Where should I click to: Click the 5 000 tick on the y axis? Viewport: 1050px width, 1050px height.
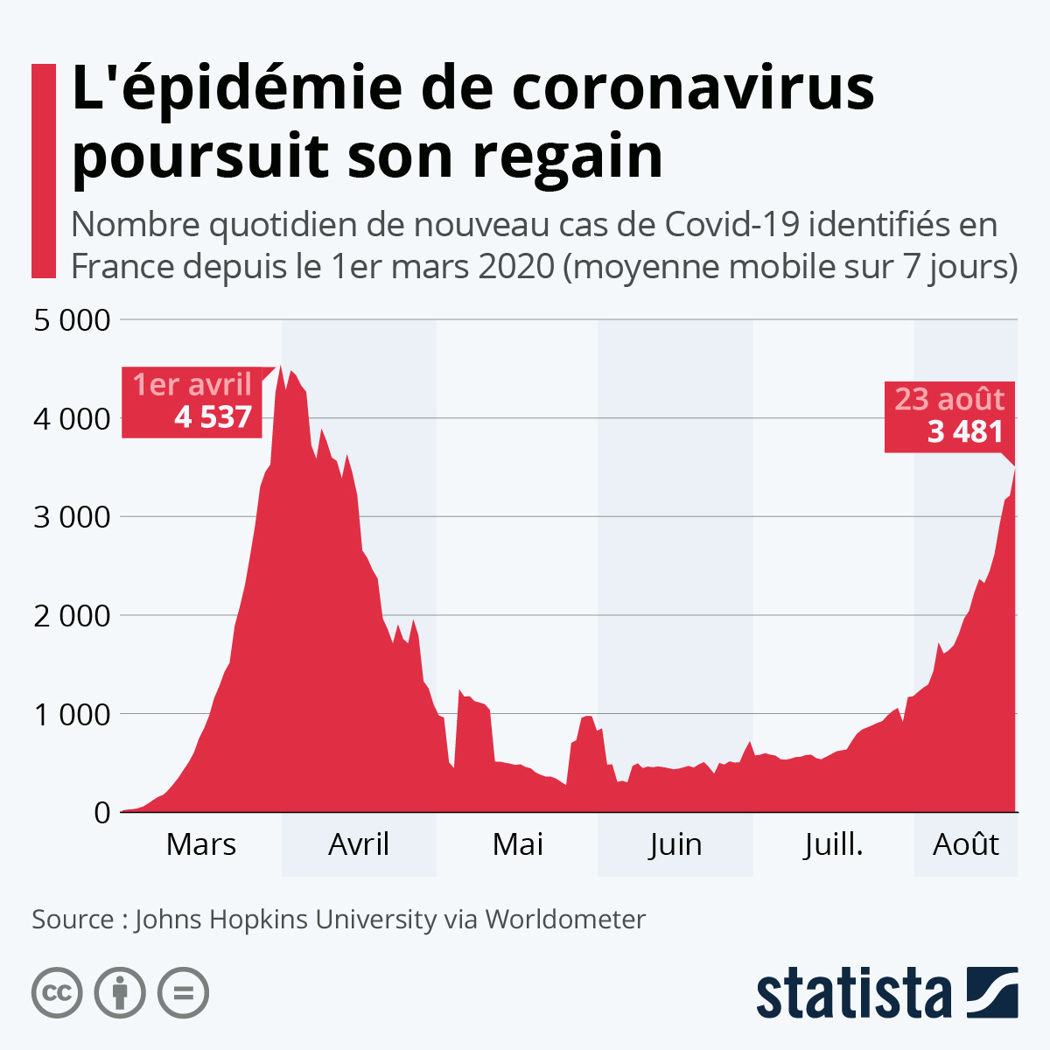pos(73,320)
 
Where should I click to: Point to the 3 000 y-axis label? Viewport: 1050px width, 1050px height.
pos(73,517)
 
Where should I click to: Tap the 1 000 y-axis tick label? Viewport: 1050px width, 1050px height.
pos(73,714)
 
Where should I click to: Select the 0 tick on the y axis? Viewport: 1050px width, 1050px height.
pos(102,813)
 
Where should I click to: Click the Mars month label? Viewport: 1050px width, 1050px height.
pos(201,844)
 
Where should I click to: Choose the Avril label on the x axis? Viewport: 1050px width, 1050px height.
pos(359,844)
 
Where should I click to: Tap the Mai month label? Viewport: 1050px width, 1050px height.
pos(518,844)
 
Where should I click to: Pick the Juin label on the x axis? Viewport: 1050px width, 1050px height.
pos(675,844)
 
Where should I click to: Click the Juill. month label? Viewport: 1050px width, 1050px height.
pos(834,844)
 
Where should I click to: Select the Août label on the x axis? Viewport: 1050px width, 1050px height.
pos(966,844)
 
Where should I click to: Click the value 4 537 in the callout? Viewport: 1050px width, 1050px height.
pos(213,417)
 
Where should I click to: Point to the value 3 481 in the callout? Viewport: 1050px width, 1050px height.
pos(965,431)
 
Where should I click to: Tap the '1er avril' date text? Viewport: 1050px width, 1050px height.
pos(192,384)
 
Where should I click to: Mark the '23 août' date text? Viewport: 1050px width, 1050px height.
pos(949,399)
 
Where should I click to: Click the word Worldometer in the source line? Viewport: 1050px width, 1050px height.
pos(565,920)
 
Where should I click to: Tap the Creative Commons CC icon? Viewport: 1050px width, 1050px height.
pos(57,993)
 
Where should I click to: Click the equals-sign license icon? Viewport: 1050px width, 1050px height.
pos(183,993)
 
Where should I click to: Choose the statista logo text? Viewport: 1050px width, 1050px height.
pos(854,993)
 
